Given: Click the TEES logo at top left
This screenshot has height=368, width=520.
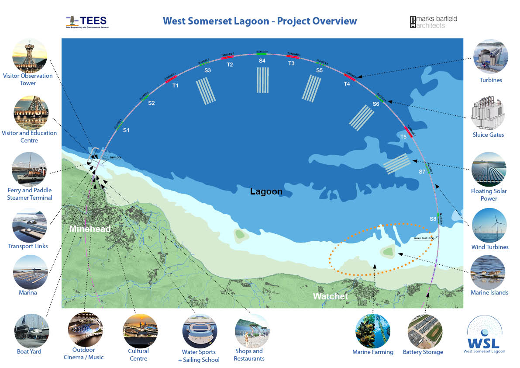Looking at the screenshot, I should coord(87,21).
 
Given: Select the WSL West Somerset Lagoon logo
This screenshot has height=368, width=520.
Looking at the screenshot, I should coord(484,334).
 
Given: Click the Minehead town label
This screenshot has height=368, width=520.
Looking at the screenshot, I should coord(90,229).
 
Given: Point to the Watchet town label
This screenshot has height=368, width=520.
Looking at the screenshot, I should coord(331,296).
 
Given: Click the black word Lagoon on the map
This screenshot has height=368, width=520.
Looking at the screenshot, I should coord(266,191).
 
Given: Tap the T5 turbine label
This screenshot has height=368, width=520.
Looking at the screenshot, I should coord(404,137).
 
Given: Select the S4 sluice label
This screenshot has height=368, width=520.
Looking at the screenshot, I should coord(262,61).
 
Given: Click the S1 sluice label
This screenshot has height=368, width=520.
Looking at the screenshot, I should coord(126,130).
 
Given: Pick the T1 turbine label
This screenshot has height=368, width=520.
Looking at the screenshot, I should coord(175,86).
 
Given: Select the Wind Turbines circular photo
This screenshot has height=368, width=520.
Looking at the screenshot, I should coord(489,226).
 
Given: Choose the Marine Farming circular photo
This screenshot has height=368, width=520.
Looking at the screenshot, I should coord(372,331).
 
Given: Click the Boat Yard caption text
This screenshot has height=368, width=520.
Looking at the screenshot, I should coord(29,351).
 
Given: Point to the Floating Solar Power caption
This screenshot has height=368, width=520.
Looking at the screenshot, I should coord(489,195).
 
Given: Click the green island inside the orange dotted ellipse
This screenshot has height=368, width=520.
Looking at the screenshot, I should coord(387,252).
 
